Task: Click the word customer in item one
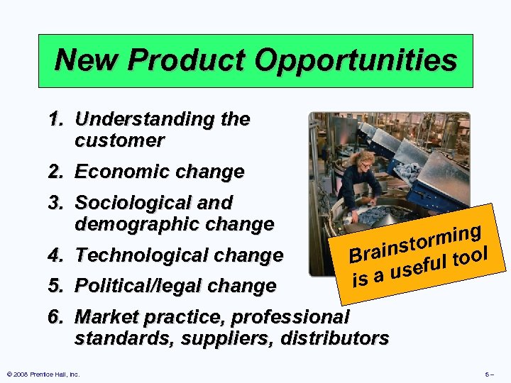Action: [x=119, y=140]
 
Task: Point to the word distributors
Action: [x=335, y=338]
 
